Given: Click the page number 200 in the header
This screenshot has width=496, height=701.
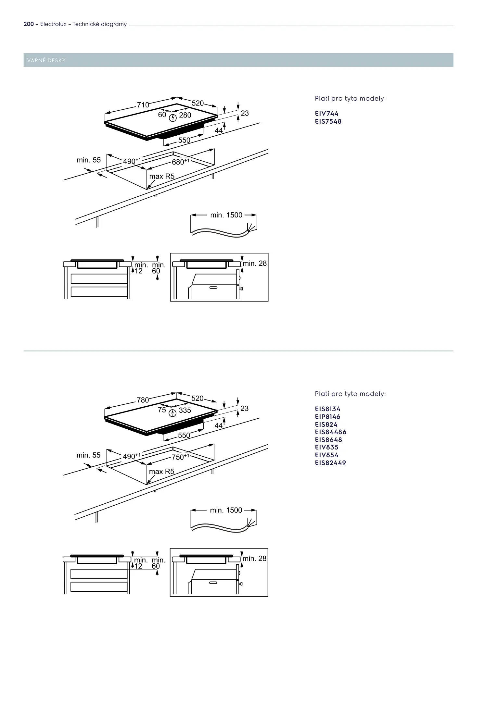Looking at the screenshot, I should [x=29, y=24].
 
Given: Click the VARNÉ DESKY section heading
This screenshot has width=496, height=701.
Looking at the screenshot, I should [x=46, y=60].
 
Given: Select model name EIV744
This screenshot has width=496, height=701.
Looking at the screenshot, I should [x=326, y=114].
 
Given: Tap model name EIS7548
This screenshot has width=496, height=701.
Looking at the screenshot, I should [x=328, y=121].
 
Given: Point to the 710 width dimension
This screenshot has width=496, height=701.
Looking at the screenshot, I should [x=143, y=105].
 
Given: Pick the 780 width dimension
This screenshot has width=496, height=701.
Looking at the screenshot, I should [x=143, y=400].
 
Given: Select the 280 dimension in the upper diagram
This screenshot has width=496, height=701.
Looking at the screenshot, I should [x=185, y=115].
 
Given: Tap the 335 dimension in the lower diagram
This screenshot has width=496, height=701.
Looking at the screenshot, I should [x=185, y=411].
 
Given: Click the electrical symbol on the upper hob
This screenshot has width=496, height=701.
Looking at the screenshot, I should [x=173, y=118].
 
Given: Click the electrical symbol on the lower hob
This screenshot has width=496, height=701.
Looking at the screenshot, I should [x=173, y=413].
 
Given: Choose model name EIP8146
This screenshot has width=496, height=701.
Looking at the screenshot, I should [x=327, y=417].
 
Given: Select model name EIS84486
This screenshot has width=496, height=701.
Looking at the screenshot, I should [x=330, y=432].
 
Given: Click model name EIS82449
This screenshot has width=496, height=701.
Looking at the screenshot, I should [x=330, y=463].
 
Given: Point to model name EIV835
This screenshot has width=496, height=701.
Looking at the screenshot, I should [x=326, y=447].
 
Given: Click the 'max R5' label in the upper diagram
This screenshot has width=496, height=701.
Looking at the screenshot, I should [x=162, y=177].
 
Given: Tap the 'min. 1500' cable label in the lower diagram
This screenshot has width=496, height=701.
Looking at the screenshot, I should [x=226, y=510].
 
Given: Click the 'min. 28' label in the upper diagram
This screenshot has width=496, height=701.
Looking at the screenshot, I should [x=255, y=264].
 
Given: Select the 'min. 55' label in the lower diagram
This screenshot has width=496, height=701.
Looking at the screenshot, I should [x=88, y=455].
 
